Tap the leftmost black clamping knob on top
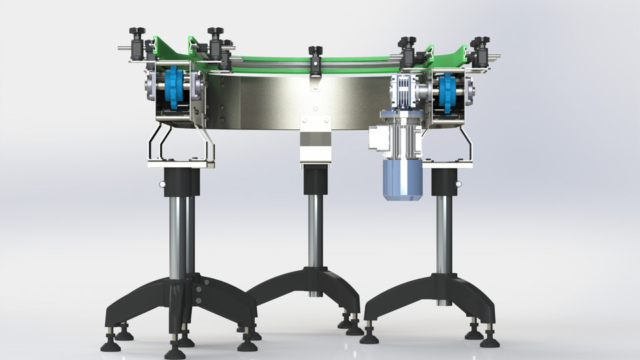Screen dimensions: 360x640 pyautogui.click(x=139, y=34)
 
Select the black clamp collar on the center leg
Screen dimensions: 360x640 pyautogui.click(x=316, y=179)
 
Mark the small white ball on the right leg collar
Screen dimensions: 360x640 pyautogui.click(x=458, y=184)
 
